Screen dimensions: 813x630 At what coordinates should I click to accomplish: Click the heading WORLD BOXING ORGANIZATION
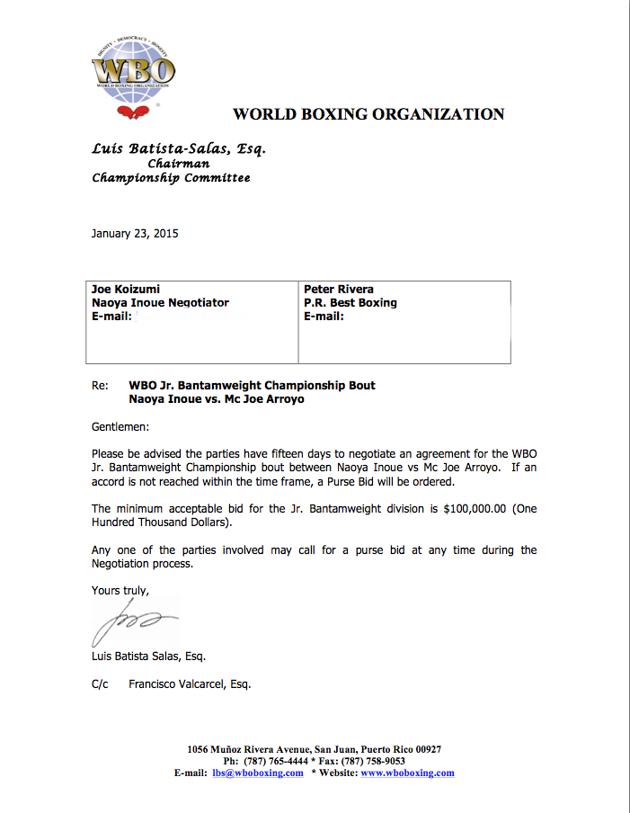point(368,114)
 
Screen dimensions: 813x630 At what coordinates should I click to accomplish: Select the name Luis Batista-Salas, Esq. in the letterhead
point(178,148)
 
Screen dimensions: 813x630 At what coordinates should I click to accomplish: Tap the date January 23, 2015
point(135,234)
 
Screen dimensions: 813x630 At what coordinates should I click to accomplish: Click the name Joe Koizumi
point(127,290)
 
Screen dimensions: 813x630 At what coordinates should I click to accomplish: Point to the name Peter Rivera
point(338,290)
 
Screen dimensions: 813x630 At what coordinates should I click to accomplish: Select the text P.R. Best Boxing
point(350,303)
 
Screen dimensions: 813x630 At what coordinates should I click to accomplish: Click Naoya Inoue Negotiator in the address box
point(160,303)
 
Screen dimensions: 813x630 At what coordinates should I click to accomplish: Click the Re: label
point(100,385)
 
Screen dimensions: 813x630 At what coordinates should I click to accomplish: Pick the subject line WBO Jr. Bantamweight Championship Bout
point(252,385)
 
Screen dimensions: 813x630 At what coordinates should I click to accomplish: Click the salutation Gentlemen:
point(120,425)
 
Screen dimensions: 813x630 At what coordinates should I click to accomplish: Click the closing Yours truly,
point(120,590)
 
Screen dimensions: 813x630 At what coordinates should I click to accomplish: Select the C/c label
point(100,684)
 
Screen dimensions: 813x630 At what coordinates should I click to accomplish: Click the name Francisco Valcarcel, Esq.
point(190,684)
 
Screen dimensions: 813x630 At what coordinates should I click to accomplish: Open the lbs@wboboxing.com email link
point(258,773)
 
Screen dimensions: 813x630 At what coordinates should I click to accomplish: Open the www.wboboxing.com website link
point(407,773)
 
